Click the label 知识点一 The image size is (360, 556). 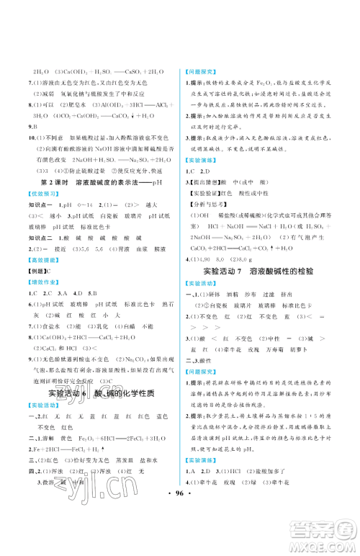pyautogui.click(x=38, y=205)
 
